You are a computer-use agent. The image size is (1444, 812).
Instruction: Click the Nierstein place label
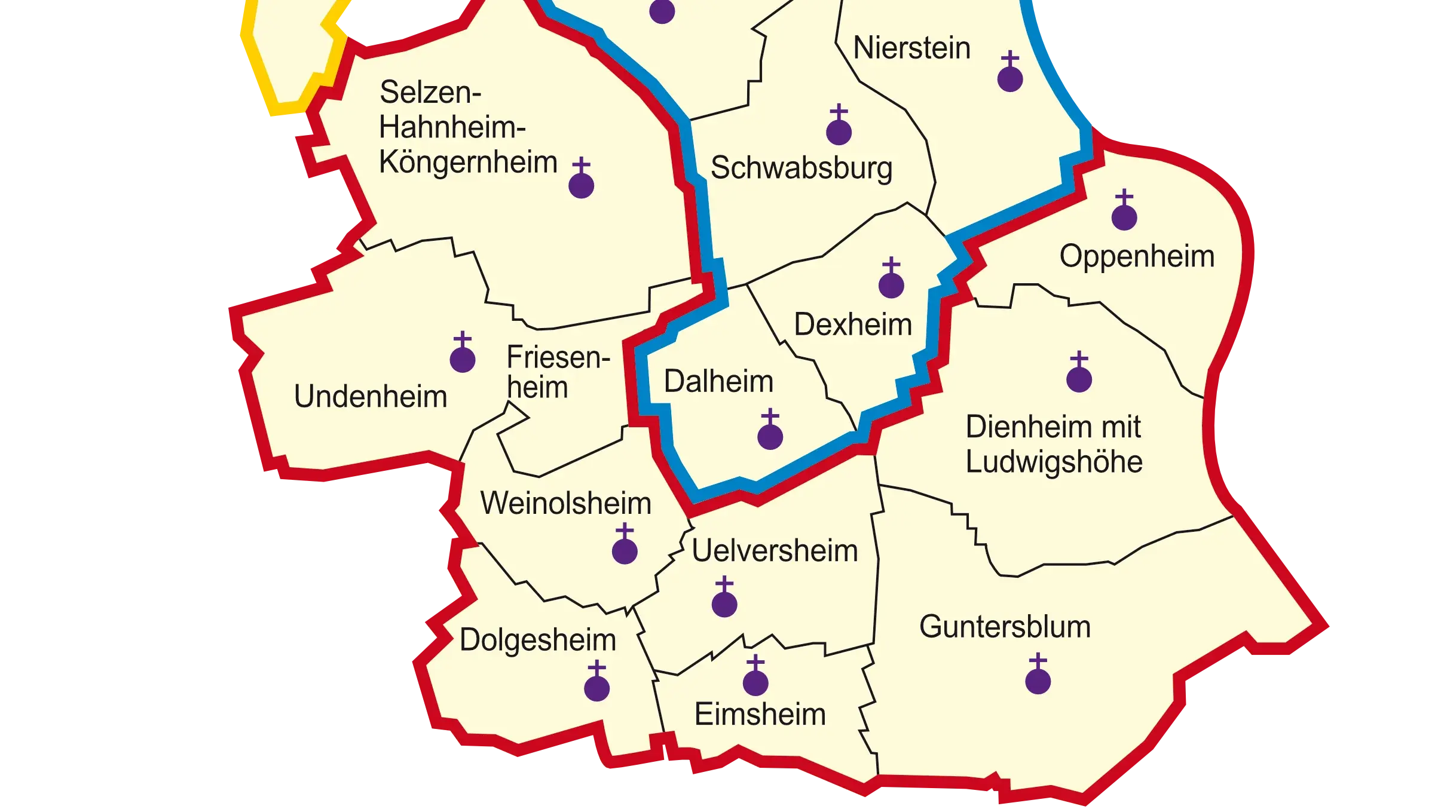tap(911, 48)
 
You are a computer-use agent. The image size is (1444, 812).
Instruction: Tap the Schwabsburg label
tap(801, 168)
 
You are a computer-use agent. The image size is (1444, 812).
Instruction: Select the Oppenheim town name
tap(1137, 256)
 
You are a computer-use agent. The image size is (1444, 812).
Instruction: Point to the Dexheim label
tap(853, 324)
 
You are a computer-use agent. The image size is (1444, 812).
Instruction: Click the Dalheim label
tap(718, 381)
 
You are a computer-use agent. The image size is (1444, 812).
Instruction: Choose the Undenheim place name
tap(371, 396)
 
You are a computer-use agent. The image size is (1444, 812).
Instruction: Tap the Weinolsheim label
tap(565, 503)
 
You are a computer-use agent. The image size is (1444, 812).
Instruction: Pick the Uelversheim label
tap(775, 550)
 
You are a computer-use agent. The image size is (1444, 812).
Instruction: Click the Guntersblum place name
tap(1005, 627)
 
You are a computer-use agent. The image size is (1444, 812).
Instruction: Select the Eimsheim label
tap(760, 714)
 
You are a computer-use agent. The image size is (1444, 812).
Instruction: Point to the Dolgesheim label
tap(537, 640)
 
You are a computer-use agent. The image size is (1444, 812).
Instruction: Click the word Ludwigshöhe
tap(1054, 462)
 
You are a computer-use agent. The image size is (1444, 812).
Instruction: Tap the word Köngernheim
tap(468, 163)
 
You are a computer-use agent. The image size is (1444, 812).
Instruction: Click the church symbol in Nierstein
tap(1010, 73)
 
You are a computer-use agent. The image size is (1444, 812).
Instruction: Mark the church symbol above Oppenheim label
tap(1124, 212)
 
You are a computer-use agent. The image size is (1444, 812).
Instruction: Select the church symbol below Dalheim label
tap(770, 431)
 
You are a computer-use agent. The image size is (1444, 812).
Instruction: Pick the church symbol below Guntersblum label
tap(1038, 675)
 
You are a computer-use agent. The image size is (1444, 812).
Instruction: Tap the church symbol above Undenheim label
tap(462, 354)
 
